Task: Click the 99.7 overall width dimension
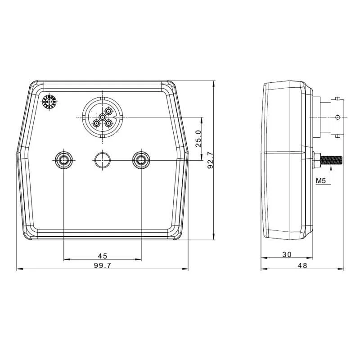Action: [102, 265]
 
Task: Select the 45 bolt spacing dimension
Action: [102, 255]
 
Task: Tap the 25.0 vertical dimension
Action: [198, 139]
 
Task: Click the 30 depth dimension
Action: [287, 254]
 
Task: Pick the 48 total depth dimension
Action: [302, 265]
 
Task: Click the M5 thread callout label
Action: [321, 181]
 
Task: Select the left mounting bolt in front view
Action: [63, 159]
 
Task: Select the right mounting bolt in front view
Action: [141, 159]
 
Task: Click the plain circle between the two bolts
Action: [102, 159]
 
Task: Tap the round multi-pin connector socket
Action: [102, 117]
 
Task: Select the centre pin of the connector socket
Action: [103, 117]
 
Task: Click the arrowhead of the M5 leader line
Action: [331, 166]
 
